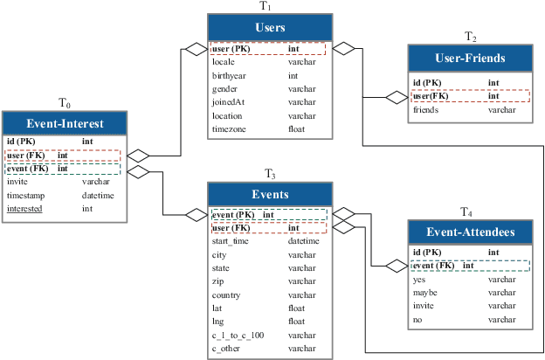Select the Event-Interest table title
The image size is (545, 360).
pos(66,123)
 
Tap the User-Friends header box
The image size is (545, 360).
pos(470,59)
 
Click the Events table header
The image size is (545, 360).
pos(270,194)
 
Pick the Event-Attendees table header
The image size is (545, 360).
pos(470,232)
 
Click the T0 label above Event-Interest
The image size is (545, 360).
pos(65,103)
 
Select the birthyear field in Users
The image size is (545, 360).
pos(226,76)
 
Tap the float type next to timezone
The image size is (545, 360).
pos(297,128)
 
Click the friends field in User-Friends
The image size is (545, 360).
pos(425,110)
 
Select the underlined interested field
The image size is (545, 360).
pos(24,209)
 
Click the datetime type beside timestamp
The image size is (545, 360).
pos(99,196)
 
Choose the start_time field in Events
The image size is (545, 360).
pos(231,241)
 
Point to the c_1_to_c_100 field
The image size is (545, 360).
pos(238,336)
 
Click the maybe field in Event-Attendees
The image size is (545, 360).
pos(425,293)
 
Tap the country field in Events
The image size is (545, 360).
pos(226,295)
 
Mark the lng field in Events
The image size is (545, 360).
pos(217,322)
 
